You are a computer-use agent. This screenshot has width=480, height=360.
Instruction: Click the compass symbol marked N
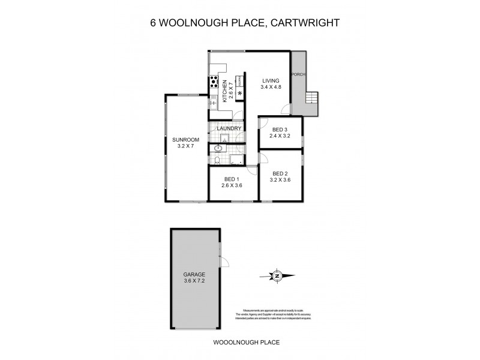click(277, 276)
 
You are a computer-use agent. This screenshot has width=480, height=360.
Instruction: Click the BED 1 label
click(232, 179)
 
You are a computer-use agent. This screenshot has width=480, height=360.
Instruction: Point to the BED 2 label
click(280, 173)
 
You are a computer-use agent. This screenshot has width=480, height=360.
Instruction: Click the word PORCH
click(298, 74)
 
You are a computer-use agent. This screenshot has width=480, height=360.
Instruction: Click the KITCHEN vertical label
click(224, 92)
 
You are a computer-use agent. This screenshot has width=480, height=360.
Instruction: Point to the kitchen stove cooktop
click(213, 84)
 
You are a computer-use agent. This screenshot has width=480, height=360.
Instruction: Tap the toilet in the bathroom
click(217, 160)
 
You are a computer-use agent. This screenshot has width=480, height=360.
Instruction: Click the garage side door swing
click(225, 262)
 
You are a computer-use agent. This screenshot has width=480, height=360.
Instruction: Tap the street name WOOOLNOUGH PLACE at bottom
click(247, 343)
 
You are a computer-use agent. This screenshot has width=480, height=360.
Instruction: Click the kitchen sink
click(212, 103)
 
